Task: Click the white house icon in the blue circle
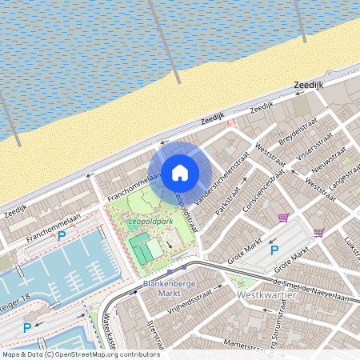coord(180,171)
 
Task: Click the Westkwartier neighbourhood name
coord(267,295)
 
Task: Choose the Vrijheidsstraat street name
coord(191,303)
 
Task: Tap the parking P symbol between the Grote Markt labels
coord(274,250)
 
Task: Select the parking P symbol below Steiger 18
coord(26,326)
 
